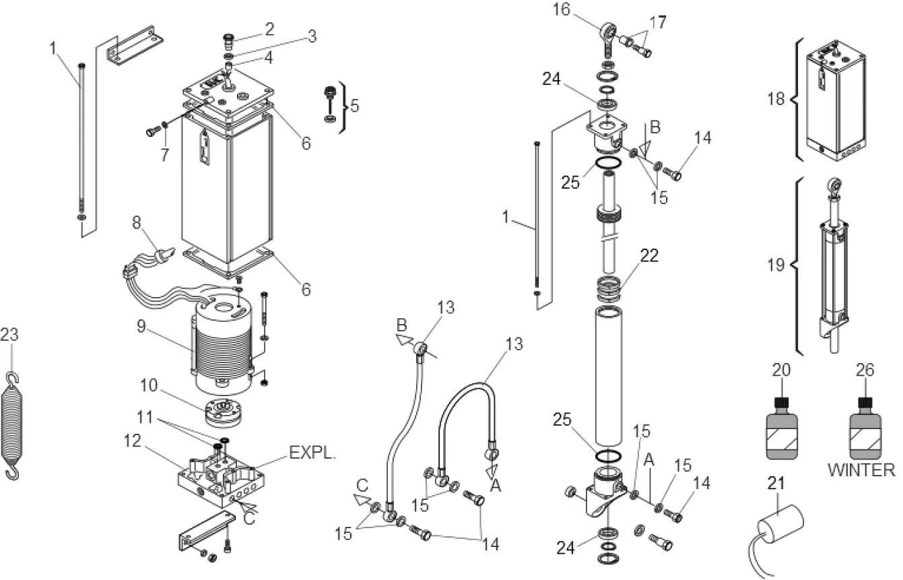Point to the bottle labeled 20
(x=782, y=429)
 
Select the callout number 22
(x=649, y=255)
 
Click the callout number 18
(x=776, y=99)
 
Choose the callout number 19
(x=776, y=265)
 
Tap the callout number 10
(x=149, y=386)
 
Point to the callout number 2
(x=269, y=28)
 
